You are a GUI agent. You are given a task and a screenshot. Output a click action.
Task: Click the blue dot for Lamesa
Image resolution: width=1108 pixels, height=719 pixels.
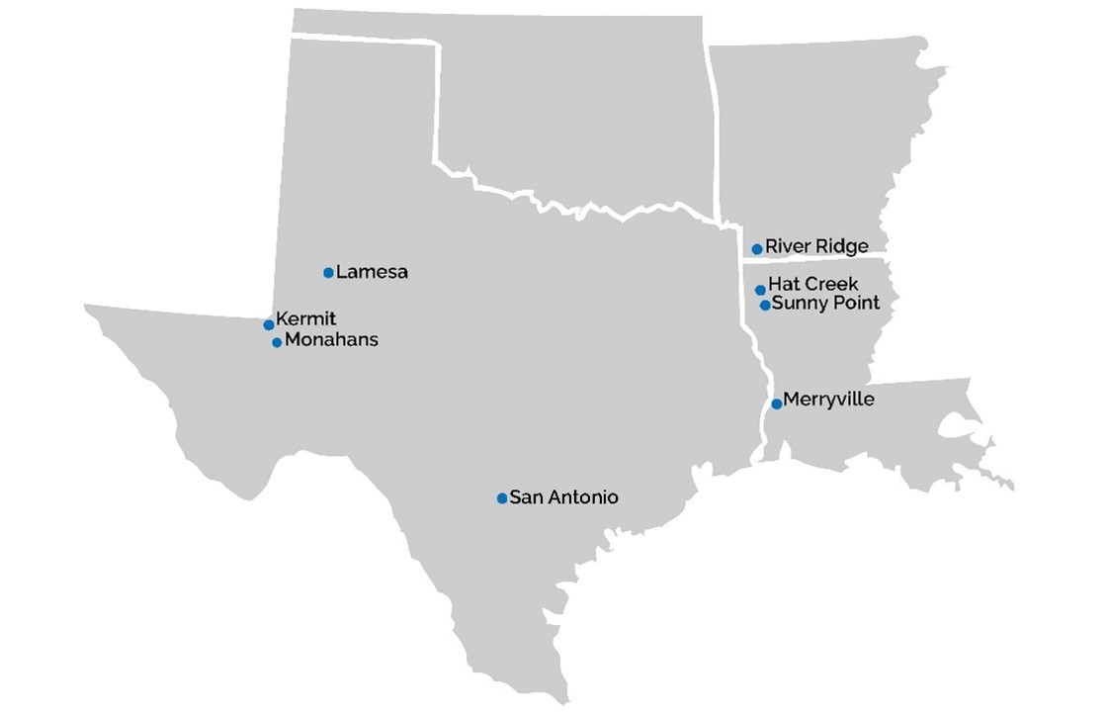pyautogui.click(x=328, y=272)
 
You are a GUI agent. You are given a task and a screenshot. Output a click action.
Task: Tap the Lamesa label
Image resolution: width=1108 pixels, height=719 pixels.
pyautogui.click(x=372, y=272)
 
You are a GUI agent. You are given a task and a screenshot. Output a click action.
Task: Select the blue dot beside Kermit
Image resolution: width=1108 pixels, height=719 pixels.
pyautogui.click(x=269, y=324)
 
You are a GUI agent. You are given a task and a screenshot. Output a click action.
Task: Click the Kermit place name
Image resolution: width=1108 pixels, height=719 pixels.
pyautogui.click(x=306, y=318)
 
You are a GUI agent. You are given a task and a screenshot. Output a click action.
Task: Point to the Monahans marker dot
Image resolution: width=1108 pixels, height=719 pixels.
pyautogui.click(x=277, y=342)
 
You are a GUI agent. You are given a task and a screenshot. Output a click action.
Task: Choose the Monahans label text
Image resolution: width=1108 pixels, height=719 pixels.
pyautogui.click(x=331, y=340)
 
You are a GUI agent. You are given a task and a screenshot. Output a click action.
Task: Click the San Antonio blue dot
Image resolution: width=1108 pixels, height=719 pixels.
pyautogui.click(x=502, y=498)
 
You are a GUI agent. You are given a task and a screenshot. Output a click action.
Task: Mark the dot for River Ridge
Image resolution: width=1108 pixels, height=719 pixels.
pyautogui.click(x=757, y=249)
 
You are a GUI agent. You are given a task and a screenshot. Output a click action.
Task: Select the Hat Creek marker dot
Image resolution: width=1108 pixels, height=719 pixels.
pyautogui.click(x=760, y=290)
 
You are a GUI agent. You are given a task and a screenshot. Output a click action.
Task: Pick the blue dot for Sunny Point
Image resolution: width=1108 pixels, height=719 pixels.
pyautogui.click(x=765, y=306)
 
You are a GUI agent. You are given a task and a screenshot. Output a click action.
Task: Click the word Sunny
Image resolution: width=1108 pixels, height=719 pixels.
pyautogui.click(x=798, y=304)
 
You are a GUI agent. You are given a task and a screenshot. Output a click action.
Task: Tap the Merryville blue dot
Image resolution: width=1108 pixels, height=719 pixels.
pyautogui.click(x=777, y=404)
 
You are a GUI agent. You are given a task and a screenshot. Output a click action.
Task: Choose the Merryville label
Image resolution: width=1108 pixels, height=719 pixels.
pyautogui.click(x=828, y=401)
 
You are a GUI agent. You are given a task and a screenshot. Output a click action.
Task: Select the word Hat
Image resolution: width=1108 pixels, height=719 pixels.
pyautogui.click(x=784, y=285)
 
